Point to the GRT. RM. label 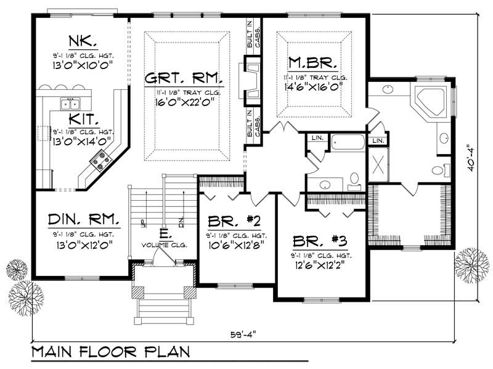point(184,78)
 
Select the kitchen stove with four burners point(100,162)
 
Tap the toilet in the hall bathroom point(354,179)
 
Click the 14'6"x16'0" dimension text point(314,87)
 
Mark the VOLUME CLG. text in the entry point(163,245)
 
